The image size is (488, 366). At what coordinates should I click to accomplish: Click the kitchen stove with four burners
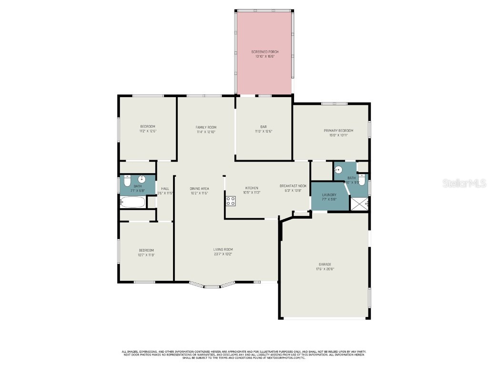coord(231,201)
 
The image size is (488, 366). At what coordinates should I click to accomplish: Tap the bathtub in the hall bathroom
coord(132,202)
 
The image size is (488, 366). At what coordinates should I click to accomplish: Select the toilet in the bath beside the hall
coord(126,182)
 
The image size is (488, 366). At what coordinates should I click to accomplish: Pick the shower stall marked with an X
coord(359,203)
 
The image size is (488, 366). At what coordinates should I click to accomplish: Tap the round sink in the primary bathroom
coord(339,170)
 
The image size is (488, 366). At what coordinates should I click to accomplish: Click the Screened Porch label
coord(265,51)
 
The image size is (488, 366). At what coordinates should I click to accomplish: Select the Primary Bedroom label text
coord(338,131)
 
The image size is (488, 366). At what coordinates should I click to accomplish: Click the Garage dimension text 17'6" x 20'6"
coord(325,269)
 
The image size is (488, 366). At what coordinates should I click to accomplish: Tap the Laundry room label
coord(329,194)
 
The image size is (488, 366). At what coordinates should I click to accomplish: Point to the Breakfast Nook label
coord(293,186)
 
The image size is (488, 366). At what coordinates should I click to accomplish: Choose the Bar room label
coord(264,127)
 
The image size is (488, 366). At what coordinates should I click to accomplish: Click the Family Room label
coord(206,127)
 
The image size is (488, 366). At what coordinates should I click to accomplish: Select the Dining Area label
coord(199,188)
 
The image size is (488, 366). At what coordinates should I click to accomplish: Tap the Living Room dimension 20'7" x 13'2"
coord(223,254)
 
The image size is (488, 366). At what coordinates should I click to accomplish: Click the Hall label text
coord(165,188)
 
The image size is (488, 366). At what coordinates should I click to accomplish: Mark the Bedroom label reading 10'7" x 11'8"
coord(146,255)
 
